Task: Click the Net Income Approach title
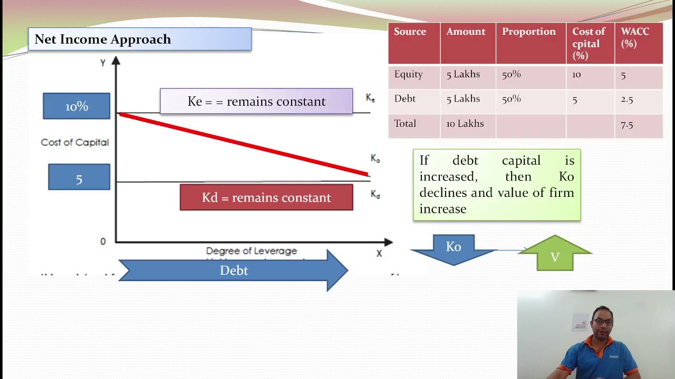103,39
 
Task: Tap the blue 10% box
76,106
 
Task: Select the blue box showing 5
79,177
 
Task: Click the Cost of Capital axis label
75,143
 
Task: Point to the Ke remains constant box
256,102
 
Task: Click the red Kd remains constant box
266,198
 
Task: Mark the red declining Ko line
243,143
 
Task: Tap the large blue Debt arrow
234,271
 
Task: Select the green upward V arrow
555,255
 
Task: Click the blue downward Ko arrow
454,248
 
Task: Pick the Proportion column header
529,32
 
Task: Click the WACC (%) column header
635,37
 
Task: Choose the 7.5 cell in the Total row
627,125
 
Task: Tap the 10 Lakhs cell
465,124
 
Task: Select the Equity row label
409,74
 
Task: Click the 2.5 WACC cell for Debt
627,99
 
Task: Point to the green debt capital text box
497,185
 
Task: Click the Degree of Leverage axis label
252,251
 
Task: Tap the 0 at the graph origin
103,242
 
